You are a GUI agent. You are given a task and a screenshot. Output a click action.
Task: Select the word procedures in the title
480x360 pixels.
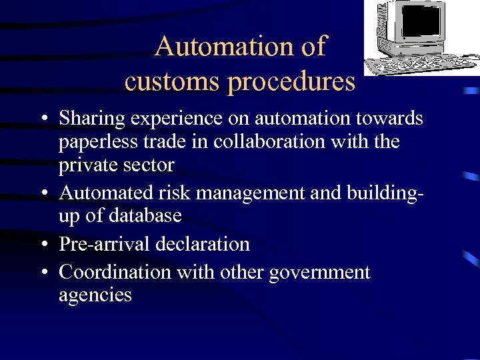(291, 81)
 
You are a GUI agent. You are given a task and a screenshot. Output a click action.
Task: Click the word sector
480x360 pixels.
(151, 165)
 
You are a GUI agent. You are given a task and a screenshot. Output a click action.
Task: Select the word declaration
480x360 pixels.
(203, 244)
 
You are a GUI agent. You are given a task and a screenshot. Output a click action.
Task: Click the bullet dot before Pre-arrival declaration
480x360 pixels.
(43, 245)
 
